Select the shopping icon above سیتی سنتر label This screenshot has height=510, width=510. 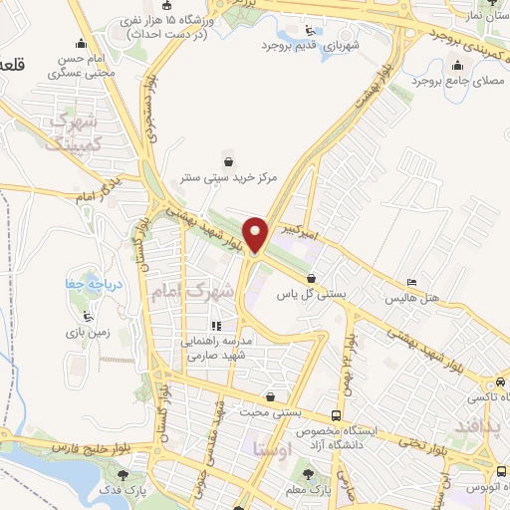[230, 160]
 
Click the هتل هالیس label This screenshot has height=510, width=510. [413, 298]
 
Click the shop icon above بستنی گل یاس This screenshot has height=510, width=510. [314, 278]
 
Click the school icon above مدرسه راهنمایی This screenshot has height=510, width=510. [215, 325]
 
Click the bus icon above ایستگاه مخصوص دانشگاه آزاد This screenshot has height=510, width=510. [337, 414]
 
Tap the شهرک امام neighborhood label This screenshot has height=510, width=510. [195, 291]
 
